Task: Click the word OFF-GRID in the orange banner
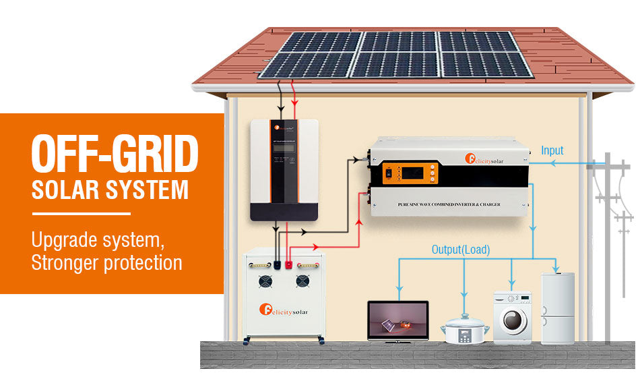[x=115, y=154]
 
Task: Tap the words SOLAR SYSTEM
[x=110, y=190]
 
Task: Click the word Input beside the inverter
[x=552, y=150]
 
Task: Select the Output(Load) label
[x=461, y=250]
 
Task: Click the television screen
[x=397, y=319]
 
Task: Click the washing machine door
[x=513, y=320]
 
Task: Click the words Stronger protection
[x=106, y=262]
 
